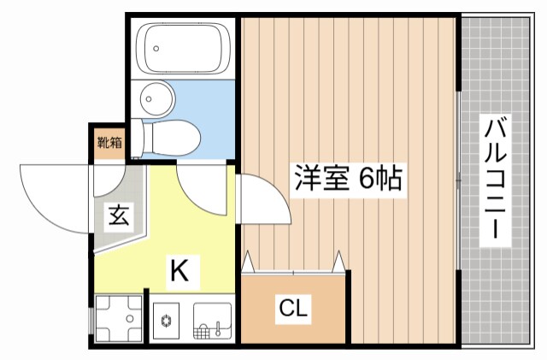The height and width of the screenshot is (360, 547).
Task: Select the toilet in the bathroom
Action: (175, 135)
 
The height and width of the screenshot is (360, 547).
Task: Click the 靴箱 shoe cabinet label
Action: (109, 144)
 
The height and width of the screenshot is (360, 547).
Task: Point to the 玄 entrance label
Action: (118, 215)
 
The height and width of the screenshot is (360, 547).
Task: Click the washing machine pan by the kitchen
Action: (119, 319)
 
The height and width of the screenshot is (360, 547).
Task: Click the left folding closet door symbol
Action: (249, 261)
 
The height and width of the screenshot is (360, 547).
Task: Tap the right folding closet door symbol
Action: (341, 260)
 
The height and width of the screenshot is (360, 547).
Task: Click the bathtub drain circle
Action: (156, 49)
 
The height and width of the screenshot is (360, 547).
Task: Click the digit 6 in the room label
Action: (366, 179)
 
